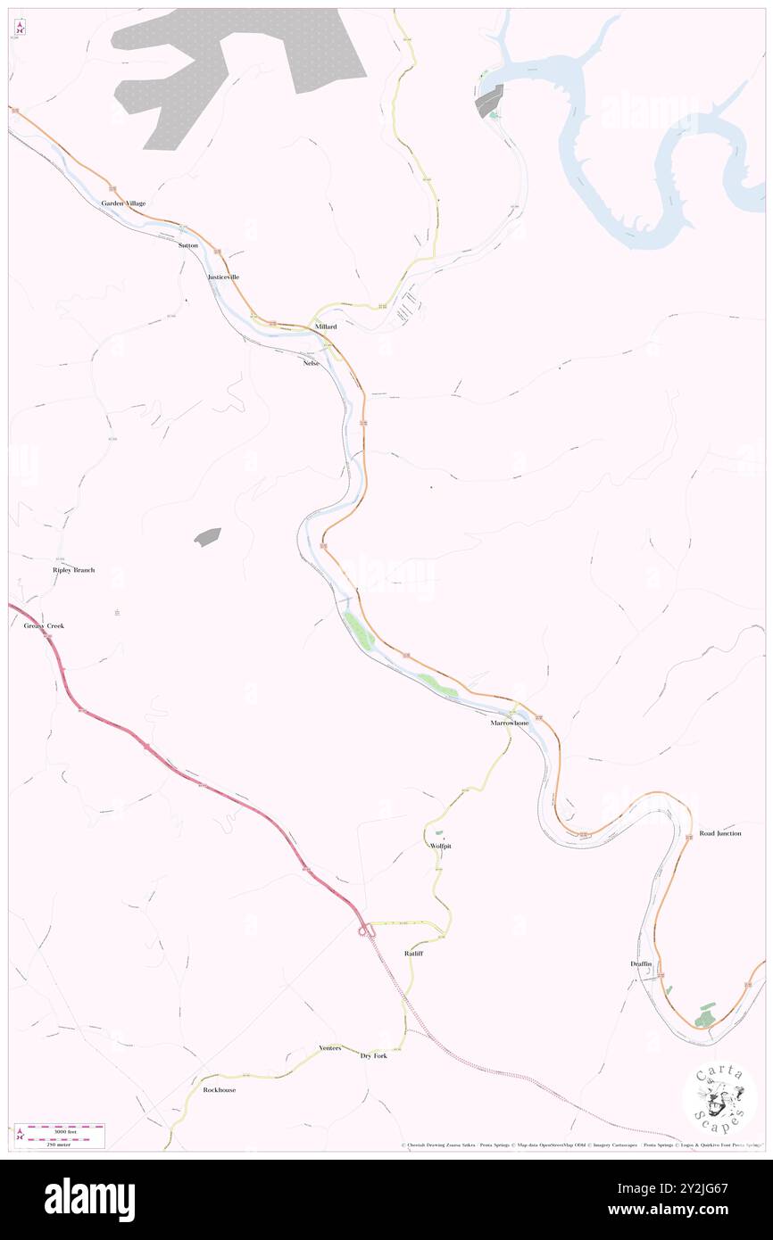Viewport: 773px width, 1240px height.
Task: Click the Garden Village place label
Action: [123, 203]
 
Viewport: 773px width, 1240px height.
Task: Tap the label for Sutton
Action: [187, 244]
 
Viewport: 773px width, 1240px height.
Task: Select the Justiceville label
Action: [223, 277]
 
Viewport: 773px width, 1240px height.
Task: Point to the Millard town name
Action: [325, 327]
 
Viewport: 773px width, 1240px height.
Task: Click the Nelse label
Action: [311, 363]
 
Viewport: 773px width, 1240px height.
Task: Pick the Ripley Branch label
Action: [73, 570]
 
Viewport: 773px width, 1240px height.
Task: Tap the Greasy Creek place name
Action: [44, 626]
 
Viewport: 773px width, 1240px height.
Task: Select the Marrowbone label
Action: [509, 723]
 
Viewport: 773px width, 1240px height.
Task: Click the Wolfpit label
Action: [440, 846]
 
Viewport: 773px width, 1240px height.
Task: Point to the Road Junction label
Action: [720, 833]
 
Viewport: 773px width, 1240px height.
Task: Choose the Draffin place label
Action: [642, 964]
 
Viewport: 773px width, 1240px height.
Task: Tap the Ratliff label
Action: [413, 954]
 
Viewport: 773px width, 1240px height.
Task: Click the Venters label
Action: [330, 1048]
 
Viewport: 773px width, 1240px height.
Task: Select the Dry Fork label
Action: [373, 1056]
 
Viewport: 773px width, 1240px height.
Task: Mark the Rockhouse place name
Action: [220, 1090]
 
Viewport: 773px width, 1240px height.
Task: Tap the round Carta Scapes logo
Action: [719, 1099]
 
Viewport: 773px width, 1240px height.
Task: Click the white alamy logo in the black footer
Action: [89, 1199]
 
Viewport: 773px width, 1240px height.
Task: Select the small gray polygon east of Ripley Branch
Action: [207, 536]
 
